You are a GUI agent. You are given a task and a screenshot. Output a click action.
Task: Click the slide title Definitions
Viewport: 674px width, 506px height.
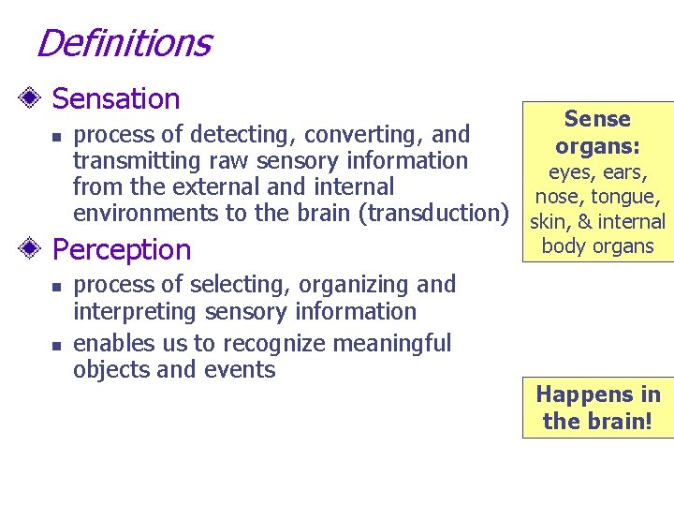(123, 43)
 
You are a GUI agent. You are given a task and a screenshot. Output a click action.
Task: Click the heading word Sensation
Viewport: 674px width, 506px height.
(116, 98)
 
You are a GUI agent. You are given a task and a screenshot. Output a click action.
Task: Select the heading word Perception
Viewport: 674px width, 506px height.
(122, 249)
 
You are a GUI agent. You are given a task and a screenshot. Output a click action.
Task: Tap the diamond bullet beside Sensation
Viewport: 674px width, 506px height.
(34, 98)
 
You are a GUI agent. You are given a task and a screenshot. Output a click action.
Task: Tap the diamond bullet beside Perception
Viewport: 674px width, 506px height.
(34, 249)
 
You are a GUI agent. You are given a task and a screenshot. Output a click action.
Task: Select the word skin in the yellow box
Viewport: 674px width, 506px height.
(548, 222)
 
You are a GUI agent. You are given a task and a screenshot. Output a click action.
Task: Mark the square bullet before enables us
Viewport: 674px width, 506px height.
(55, 345)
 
